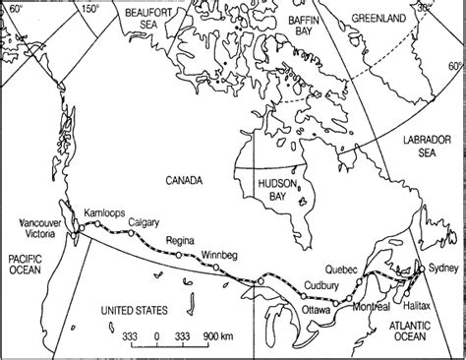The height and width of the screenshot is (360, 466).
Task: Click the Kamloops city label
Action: pyautogui.click(x=105, y=213)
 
